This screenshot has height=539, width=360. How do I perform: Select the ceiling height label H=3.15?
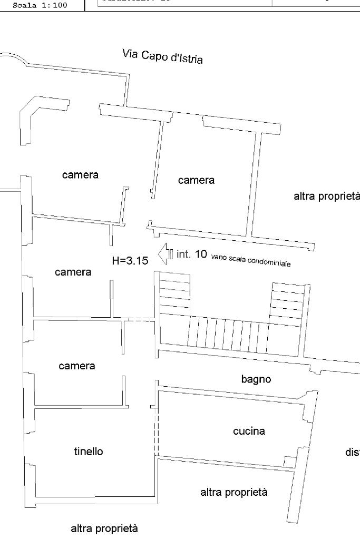pyautogui.click(x=130, y=260)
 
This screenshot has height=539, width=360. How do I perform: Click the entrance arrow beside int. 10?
pyautogui.click(x=163, y=253)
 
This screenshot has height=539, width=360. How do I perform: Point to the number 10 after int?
pyautogui.click(x=201, y=254)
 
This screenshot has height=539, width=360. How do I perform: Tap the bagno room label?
pyautogui.click(x=256, y=379)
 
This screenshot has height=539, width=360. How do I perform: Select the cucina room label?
pyautogui.click(x=249, y=432)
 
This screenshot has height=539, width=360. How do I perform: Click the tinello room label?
pyautogui.click(x=89, y=452)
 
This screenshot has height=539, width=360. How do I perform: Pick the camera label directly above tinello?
pyautogui.click(x=77, y=366)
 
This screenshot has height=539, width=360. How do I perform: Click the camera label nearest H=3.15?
pyautogui.click(x=73, y=272)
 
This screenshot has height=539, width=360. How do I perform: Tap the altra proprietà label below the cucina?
pyautogui.click(x=234, y=493)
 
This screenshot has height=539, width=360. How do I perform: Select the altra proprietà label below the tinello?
pyautogui.click(x=104, y=528)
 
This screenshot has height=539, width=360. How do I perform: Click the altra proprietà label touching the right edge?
pyautogui.click(x=326, y=197)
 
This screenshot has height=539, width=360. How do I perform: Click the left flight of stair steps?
pyautogui.click(x=174, y=293)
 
